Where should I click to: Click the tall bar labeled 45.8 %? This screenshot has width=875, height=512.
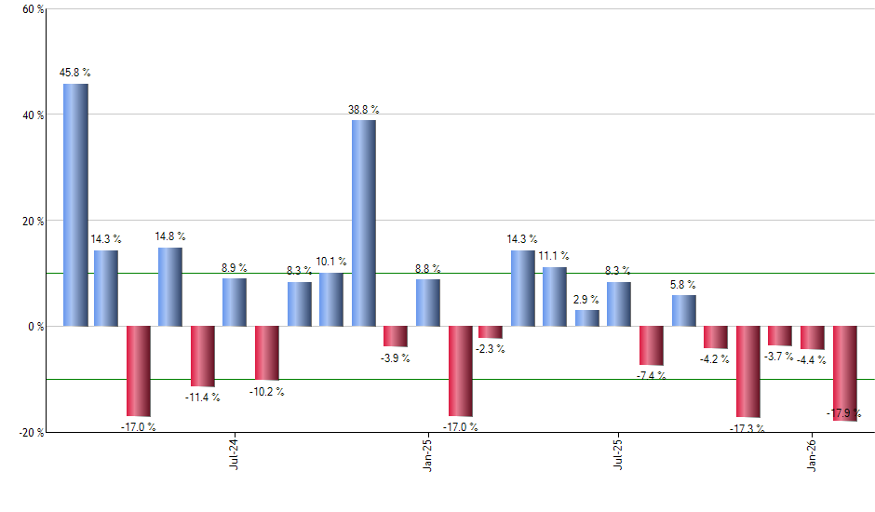click(75, 205)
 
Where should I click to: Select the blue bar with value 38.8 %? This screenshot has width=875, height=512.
click(364, 223)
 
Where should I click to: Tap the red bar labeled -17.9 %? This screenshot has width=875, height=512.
click(844, 373)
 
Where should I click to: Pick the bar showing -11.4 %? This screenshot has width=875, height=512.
click(203, 357)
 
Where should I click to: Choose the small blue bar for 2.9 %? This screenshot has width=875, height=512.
click(587, 318)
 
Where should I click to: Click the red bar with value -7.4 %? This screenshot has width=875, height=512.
click(652, 345)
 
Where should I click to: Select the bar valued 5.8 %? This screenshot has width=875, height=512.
click(683, 311)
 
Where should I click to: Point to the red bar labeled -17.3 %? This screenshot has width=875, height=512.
click(748, 371)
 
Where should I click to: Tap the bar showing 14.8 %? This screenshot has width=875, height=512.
click(170, 287)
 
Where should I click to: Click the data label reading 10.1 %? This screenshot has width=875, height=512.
click(331, 262)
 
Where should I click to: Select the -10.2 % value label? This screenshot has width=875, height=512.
click(268, 392)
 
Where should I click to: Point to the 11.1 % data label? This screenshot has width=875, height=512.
click(555, 256)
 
